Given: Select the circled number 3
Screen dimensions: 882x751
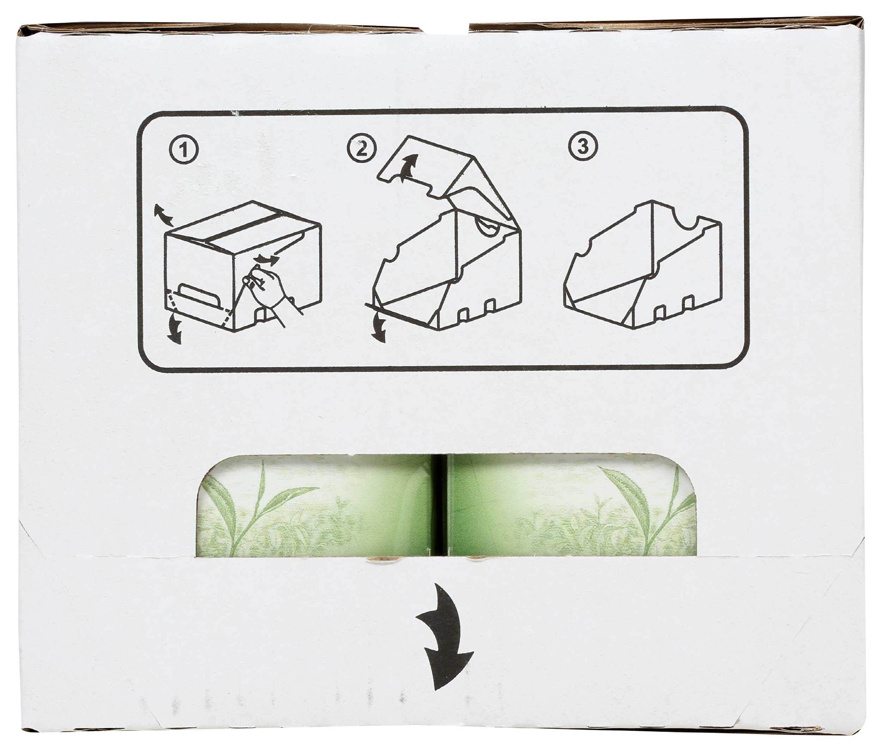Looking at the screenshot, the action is [x=583, y=147].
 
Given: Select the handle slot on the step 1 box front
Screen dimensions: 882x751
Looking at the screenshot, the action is [x=200, y=292].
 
